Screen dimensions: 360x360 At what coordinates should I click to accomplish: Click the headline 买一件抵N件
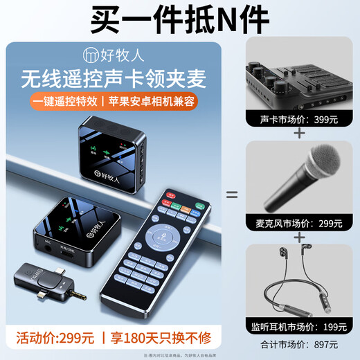(179, 18)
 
